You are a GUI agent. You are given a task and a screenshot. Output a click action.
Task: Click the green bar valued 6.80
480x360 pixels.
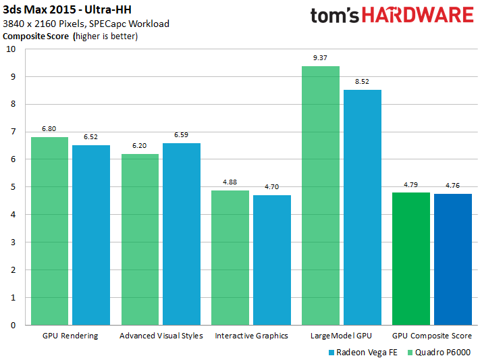(x=49, y=230)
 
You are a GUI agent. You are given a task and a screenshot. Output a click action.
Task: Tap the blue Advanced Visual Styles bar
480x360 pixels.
(x=182, y=234)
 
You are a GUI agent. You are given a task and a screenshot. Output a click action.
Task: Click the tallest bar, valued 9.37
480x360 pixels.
(x=321, y=195)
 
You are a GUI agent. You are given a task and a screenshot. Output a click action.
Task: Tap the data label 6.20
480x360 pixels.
(x=140, y=146)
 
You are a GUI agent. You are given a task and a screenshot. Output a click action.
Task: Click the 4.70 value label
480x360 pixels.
(x=272, y=187)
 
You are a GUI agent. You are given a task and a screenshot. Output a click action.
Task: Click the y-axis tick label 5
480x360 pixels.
(x=11, y=187)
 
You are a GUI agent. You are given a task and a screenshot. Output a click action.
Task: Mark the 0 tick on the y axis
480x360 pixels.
(x=11, y=325)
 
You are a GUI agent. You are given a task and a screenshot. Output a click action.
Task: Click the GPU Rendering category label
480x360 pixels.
(x=70, y=336)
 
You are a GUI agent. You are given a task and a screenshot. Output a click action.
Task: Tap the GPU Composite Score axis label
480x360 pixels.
(x=432, y=336)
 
